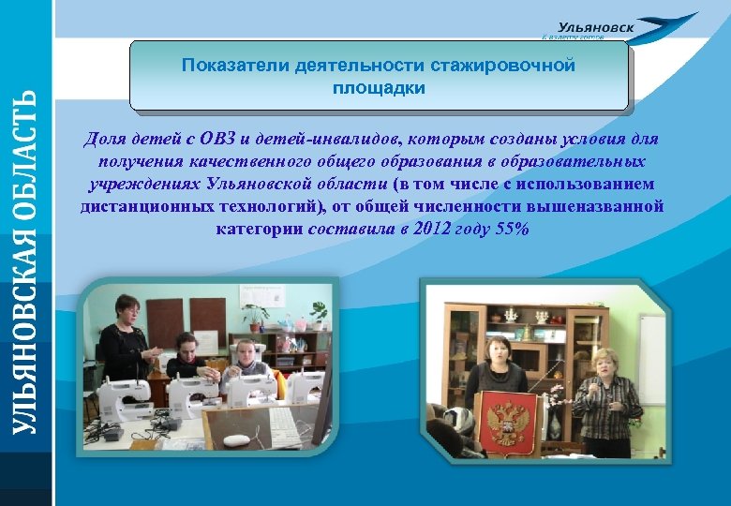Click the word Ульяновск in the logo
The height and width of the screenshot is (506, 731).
tap(595, 27)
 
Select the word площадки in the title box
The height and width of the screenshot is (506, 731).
tap(378, 88)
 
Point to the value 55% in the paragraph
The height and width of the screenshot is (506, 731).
tap(514, 228)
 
